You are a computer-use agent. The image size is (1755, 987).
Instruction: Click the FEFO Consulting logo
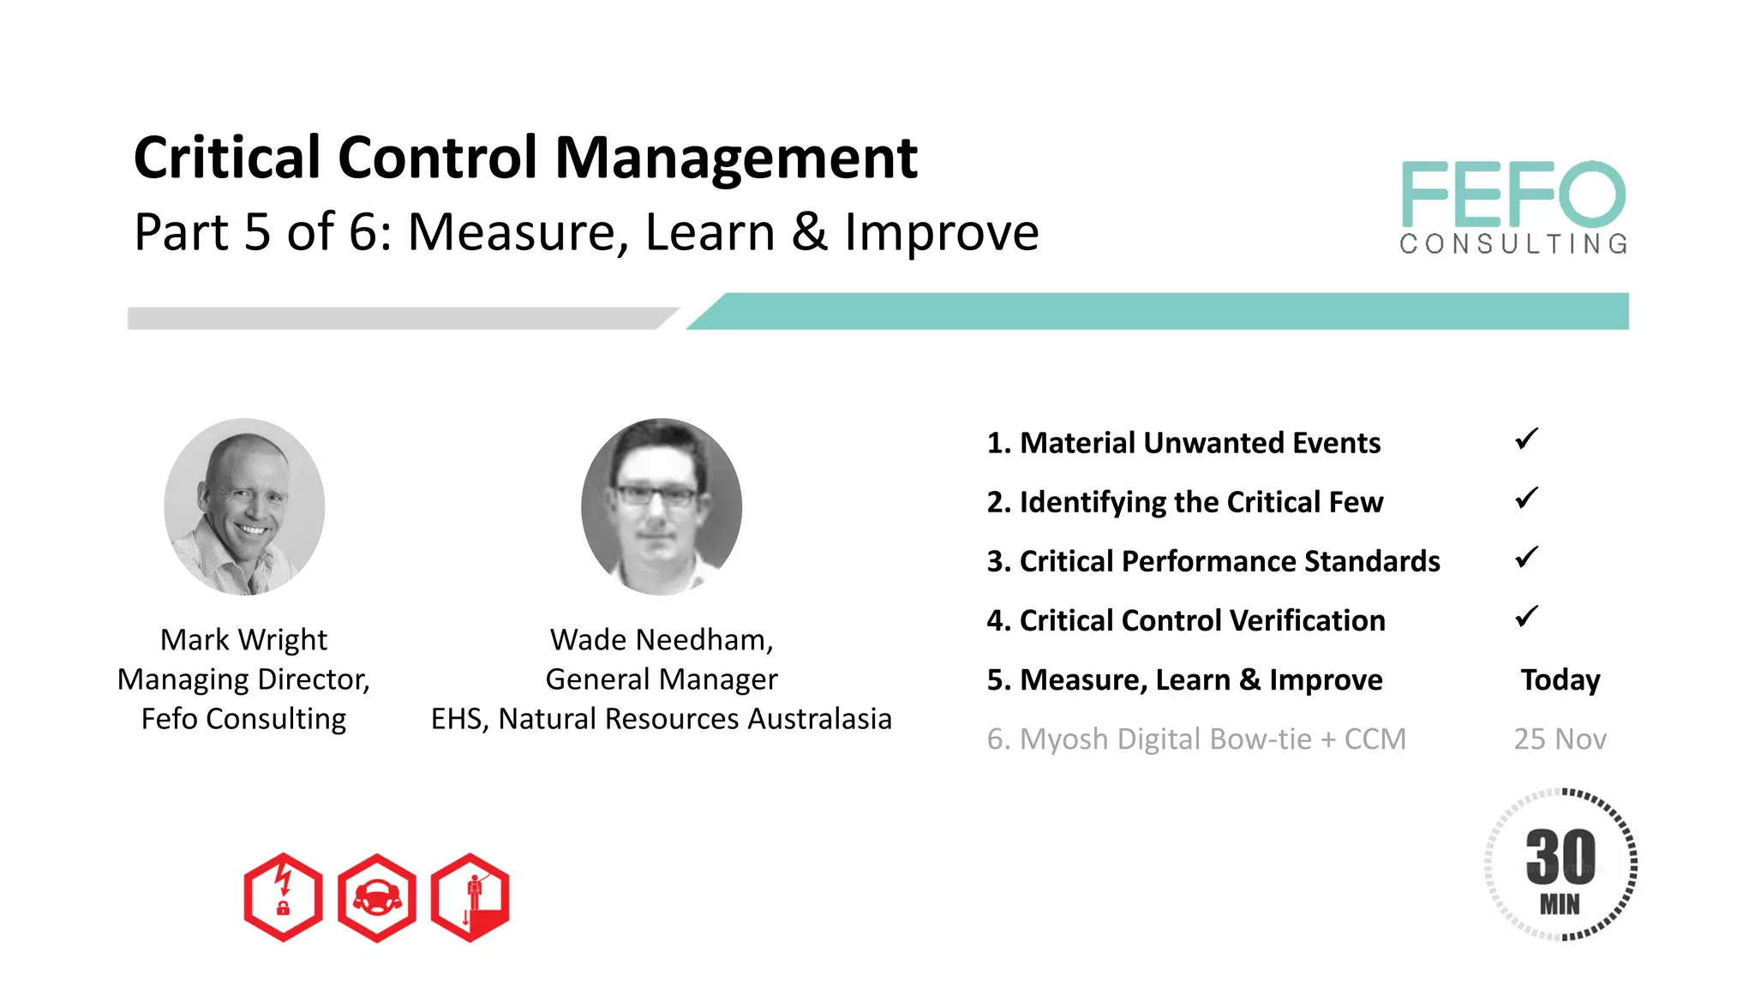1513,207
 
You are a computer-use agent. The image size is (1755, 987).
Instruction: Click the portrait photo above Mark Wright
244,506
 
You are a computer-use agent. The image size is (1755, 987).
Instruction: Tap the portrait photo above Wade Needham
662,506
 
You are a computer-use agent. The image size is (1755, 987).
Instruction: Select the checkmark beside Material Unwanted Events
1526,440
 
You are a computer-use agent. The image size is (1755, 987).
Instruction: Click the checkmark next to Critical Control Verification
1526,617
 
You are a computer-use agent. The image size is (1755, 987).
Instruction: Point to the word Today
1560,680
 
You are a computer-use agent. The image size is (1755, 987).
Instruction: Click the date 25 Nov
1560,739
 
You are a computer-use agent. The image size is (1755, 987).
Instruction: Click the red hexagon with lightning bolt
283,897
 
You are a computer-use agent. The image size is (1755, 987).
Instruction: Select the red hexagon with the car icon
377,897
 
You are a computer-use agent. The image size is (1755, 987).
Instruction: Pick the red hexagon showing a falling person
470,897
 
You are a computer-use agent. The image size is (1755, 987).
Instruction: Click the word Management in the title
736,159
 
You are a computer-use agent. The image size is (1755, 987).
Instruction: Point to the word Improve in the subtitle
941,232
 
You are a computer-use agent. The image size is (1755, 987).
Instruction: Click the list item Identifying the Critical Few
1185,502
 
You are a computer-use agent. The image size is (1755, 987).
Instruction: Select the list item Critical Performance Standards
1213,561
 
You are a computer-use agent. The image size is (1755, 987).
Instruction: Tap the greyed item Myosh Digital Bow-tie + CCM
1196,739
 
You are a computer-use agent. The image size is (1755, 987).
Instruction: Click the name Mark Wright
243,640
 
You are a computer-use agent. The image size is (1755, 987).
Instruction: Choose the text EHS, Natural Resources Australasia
662,719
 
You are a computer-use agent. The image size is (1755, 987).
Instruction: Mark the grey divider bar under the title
394,318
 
